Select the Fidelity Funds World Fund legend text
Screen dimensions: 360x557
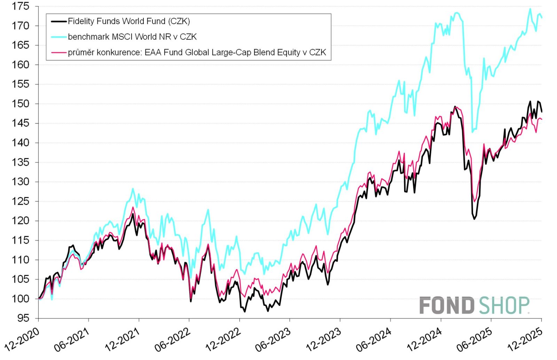[x=129, y=21]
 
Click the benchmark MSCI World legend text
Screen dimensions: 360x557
[x=132, y=37]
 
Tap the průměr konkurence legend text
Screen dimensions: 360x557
[x=197, y=52]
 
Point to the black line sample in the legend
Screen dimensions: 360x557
[x=58, y=21]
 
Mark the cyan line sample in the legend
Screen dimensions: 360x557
[x=58, y=37]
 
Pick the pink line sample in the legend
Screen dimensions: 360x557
[x=58, y=53]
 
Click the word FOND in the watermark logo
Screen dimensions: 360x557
[x=447, y=305]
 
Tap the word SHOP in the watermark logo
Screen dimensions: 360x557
[x=504, y=305]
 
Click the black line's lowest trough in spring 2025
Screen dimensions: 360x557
[x=474, y=219]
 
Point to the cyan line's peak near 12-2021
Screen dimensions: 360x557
[x=133, y=189]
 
